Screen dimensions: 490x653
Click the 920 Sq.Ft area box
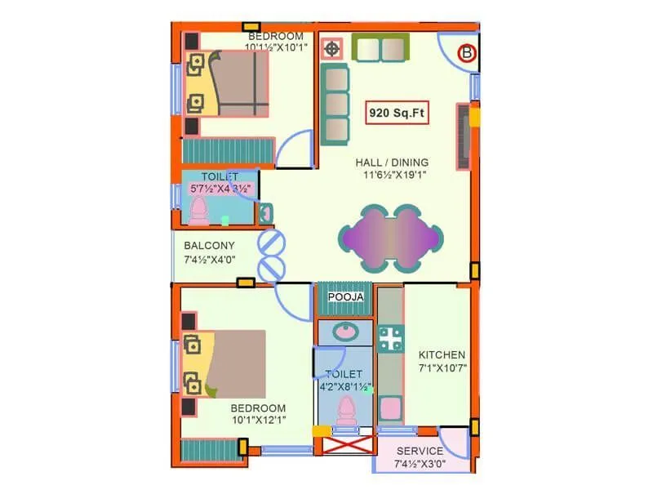[398, 113]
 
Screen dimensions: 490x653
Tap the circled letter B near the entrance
[467, 54]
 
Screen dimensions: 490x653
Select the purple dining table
[391, 237]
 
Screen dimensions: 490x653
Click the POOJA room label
[346, 297]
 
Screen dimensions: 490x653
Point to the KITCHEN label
[442, 355]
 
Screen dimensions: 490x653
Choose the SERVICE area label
[420, 451]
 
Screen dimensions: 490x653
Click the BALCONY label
[209, 246]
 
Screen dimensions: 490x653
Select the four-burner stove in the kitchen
[390, 339]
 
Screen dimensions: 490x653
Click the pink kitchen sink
[391, 408]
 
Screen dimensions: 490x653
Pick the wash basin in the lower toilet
[345, 332]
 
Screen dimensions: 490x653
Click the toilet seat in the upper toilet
[198, 212]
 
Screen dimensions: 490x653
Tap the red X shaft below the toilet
[344, 448]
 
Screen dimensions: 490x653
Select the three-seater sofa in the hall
[335, 105]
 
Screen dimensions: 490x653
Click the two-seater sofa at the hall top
[380, 48]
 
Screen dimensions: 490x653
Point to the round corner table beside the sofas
[332, 50]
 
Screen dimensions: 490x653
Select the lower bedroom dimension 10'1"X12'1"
[258, 420]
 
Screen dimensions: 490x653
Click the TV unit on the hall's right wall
[463, 137]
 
